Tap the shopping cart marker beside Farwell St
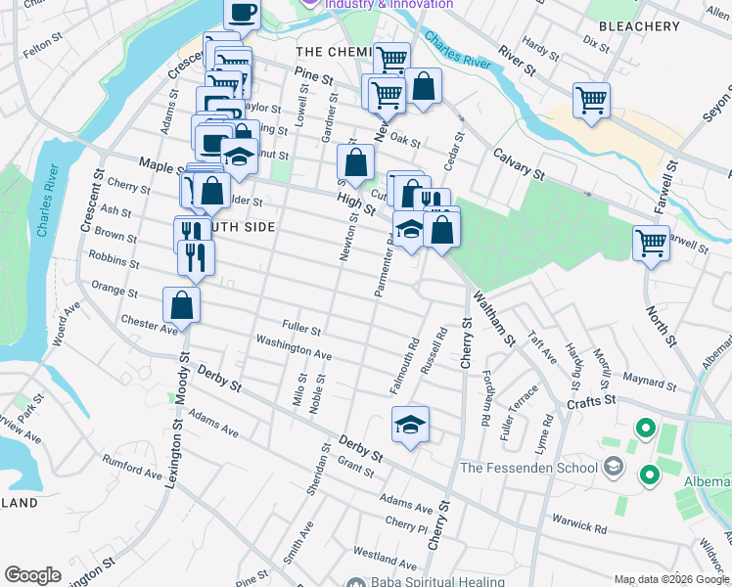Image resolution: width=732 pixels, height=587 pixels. point(651,242)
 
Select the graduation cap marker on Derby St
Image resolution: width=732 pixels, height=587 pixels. point(411,424)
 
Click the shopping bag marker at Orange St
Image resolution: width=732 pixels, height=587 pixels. point(182,305)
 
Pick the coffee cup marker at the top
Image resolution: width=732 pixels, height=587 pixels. point(242,13)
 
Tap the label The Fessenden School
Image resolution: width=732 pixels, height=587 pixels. point(528,468)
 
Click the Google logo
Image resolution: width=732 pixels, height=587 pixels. point(32,575)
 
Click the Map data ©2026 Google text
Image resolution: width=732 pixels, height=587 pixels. point(670,579)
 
